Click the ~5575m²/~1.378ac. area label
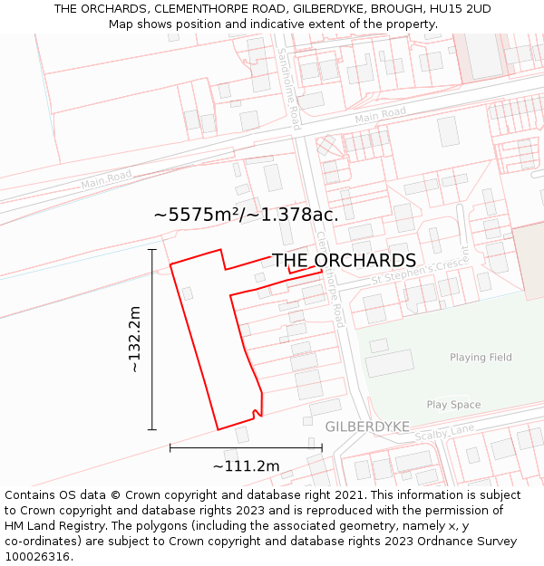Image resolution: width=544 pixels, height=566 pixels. point(246,215)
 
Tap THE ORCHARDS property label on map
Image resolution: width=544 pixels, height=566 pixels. point(344,261)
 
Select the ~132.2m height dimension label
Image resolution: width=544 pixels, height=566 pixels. point(134,340)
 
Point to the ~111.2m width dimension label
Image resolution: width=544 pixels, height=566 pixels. point(246,466)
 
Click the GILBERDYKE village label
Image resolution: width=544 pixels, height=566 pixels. point(367,427)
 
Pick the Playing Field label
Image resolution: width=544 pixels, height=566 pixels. point(481,358)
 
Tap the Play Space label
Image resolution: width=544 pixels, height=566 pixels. point(453,405)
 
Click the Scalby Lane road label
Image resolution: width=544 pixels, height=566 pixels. point(444,434)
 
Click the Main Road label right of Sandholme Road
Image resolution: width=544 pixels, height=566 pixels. point(380,115)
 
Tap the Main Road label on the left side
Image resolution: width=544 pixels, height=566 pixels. point(106,179)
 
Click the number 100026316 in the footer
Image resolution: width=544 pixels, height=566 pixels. point(37,556)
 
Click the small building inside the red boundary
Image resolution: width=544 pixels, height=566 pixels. point(188,293)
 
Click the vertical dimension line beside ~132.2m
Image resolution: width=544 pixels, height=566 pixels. point(152,340)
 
